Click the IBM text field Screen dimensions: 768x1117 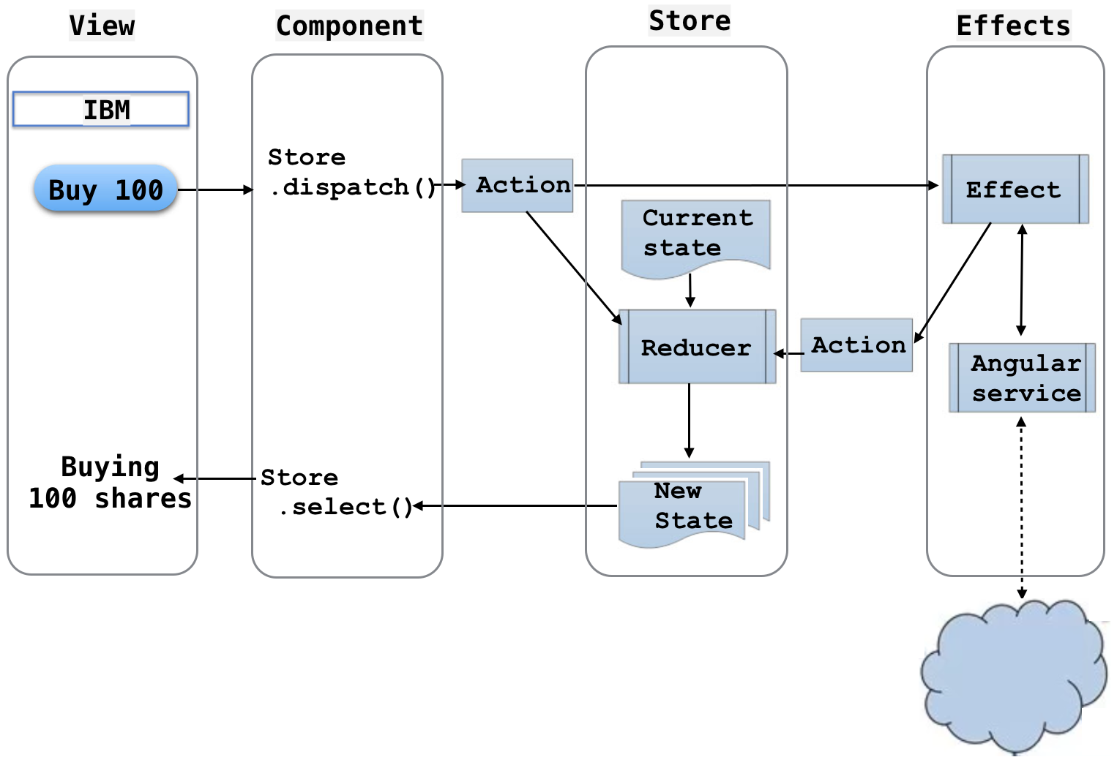tap(101, 110)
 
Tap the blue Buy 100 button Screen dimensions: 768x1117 tap(105, 189)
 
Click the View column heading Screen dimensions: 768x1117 tap(102, 26)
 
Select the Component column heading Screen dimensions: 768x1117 tap(349, 26)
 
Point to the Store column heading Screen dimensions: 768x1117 tap(690, 20)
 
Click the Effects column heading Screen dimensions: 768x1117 tap(1013, 26)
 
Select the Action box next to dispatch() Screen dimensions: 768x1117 tap(518, 186)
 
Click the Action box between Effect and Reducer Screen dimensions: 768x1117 tap(856, 345)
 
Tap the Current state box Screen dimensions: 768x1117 tap(695, 236)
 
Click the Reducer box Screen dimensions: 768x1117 tap(697, 347)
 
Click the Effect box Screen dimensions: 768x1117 tap(1015, 189)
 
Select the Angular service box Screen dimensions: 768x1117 tap(1023, 378)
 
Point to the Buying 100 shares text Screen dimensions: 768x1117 tap(110, 483)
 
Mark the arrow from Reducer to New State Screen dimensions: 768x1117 tap(689, 421)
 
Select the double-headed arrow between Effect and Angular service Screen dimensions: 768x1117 tap(1022, 280)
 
